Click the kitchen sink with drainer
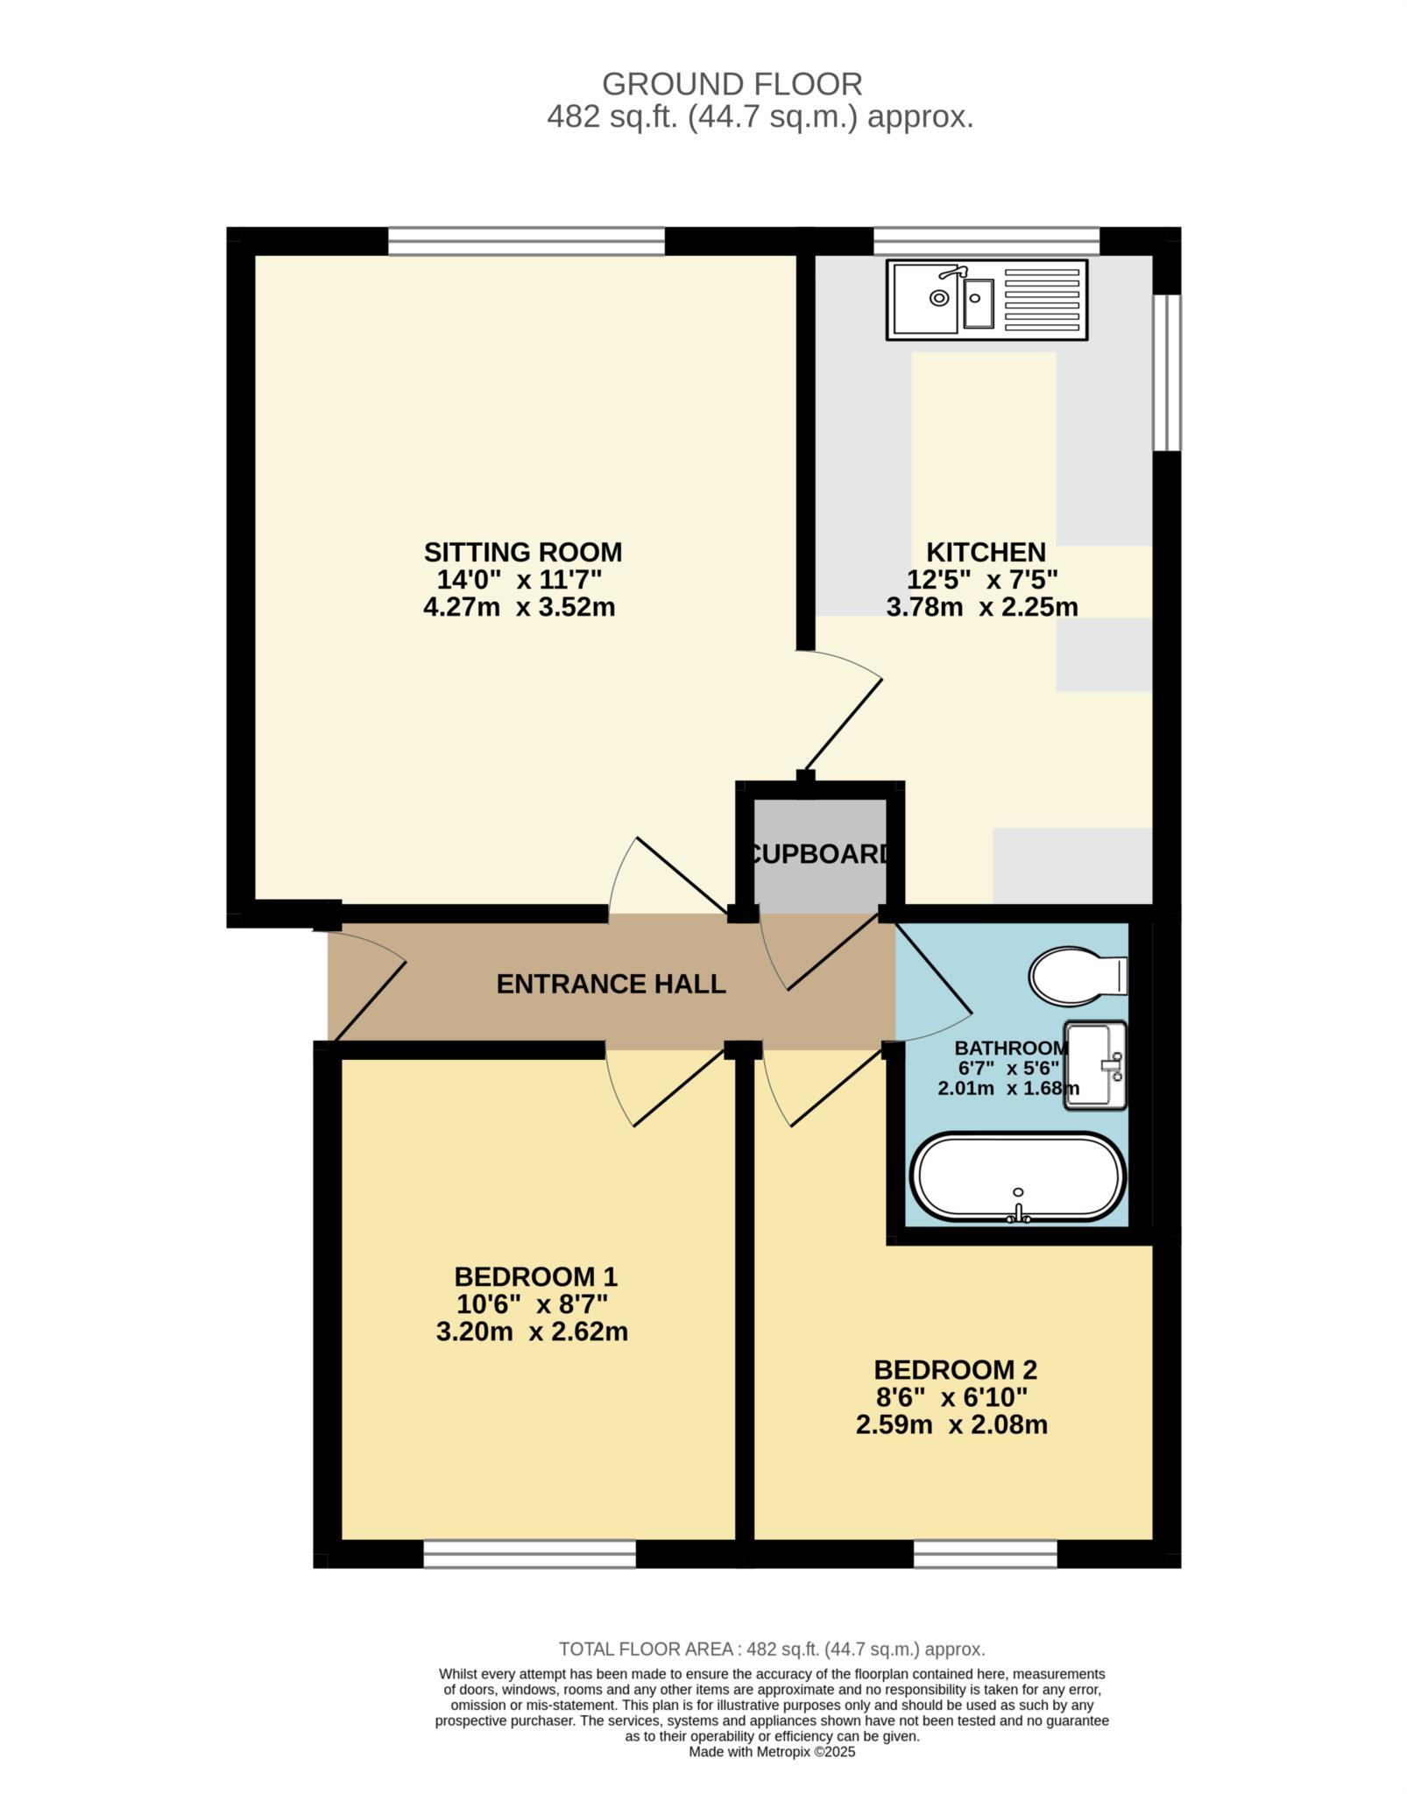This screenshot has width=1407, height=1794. click(986, 300)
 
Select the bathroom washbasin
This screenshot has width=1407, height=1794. click(1095, 1065)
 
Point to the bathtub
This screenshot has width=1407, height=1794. click(1017, 1177)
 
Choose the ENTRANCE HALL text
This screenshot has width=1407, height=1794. click(611, 984)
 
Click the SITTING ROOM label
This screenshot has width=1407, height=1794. click(523, 552)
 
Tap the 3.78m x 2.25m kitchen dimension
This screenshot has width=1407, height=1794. click(982, 606)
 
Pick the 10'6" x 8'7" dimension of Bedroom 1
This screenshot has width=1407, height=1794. click(532, 1304)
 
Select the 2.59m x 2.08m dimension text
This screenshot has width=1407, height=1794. click(951, 1424)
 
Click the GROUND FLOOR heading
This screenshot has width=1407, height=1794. click(732, 84)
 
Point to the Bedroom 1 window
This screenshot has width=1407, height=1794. click(529, 1555)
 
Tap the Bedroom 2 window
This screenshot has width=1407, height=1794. click(986, 1555)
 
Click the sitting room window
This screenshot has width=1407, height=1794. click(527, 241)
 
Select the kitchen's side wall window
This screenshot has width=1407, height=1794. click(1166, 372)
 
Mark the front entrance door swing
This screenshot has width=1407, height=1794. click(367, 985)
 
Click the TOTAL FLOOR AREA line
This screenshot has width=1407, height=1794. click(772, 1649)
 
